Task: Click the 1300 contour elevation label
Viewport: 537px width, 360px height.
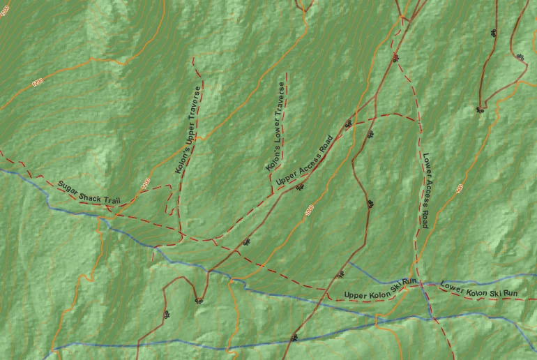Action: click(x=6, y=11)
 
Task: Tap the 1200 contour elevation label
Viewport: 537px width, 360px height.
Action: click(x=37, y=82)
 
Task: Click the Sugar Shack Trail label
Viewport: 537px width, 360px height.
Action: click(x=89, y=193)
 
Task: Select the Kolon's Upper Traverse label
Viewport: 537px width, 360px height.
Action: click(x=188, y=130)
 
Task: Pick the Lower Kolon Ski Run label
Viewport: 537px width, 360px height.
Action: click(x=479, y=290)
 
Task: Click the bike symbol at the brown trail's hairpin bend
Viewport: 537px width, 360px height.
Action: click(x=199, y=301)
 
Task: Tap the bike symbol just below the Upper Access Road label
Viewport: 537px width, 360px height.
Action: click(x=300, y=187)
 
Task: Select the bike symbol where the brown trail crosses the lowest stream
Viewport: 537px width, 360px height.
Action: click(x=294, y=338)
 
